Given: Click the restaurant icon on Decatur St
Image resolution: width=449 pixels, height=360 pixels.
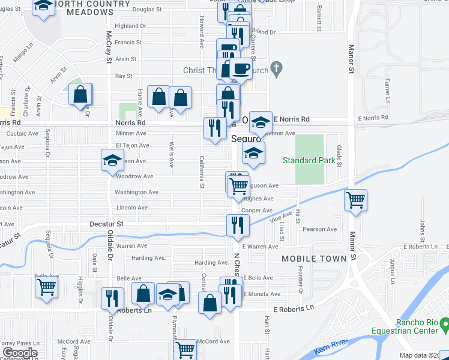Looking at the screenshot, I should click(x=238, y=225).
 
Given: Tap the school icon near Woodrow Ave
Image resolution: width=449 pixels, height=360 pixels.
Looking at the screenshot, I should click(x=112, y=161).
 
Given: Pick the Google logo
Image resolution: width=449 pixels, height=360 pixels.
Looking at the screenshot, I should click(x=20, y=353).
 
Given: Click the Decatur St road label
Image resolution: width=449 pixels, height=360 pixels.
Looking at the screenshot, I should click(x=110, y=224).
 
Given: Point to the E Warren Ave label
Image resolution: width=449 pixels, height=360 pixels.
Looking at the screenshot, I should click(x=260, y=246).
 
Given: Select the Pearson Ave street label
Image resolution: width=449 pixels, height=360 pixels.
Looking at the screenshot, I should click(x=320, y=229).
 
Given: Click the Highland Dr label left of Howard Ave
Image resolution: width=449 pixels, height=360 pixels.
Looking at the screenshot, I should click(x=130, y=26).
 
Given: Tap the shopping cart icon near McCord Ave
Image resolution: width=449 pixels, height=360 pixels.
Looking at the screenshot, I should click(x=186, y=349).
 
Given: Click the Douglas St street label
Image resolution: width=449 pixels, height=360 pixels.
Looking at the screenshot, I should click(x=146, y=10).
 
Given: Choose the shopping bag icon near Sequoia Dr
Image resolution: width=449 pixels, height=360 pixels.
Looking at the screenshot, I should click(x=80, y=94).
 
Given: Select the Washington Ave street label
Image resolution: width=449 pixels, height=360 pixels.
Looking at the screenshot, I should click(x=137, y=192).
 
